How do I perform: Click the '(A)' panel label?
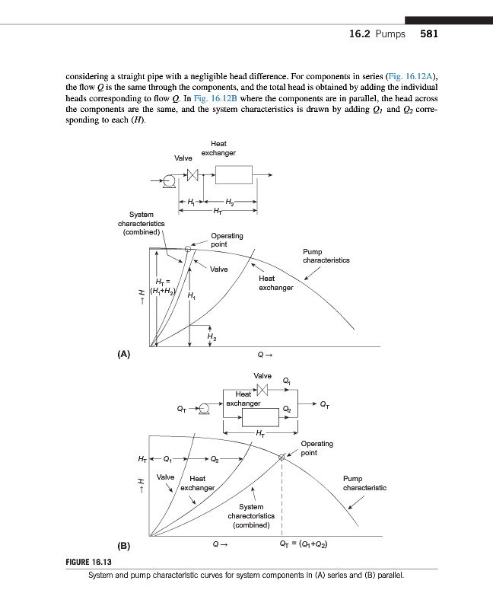(124, 354)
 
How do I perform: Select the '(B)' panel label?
(124, 546)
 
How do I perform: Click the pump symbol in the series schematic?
(170, 180)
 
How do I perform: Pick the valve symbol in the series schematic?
(192, 176)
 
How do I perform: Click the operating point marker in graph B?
(281, 458)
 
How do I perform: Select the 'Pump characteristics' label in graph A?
(326, 255)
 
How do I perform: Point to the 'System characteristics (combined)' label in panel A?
(141, 223)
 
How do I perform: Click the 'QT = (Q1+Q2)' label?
(304, 545)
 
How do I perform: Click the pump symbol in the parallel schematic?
(202, 408)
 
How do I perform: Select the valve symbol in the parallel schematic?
(263, 389)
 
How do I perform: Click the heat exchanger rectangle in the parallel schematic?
(260, 418)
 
